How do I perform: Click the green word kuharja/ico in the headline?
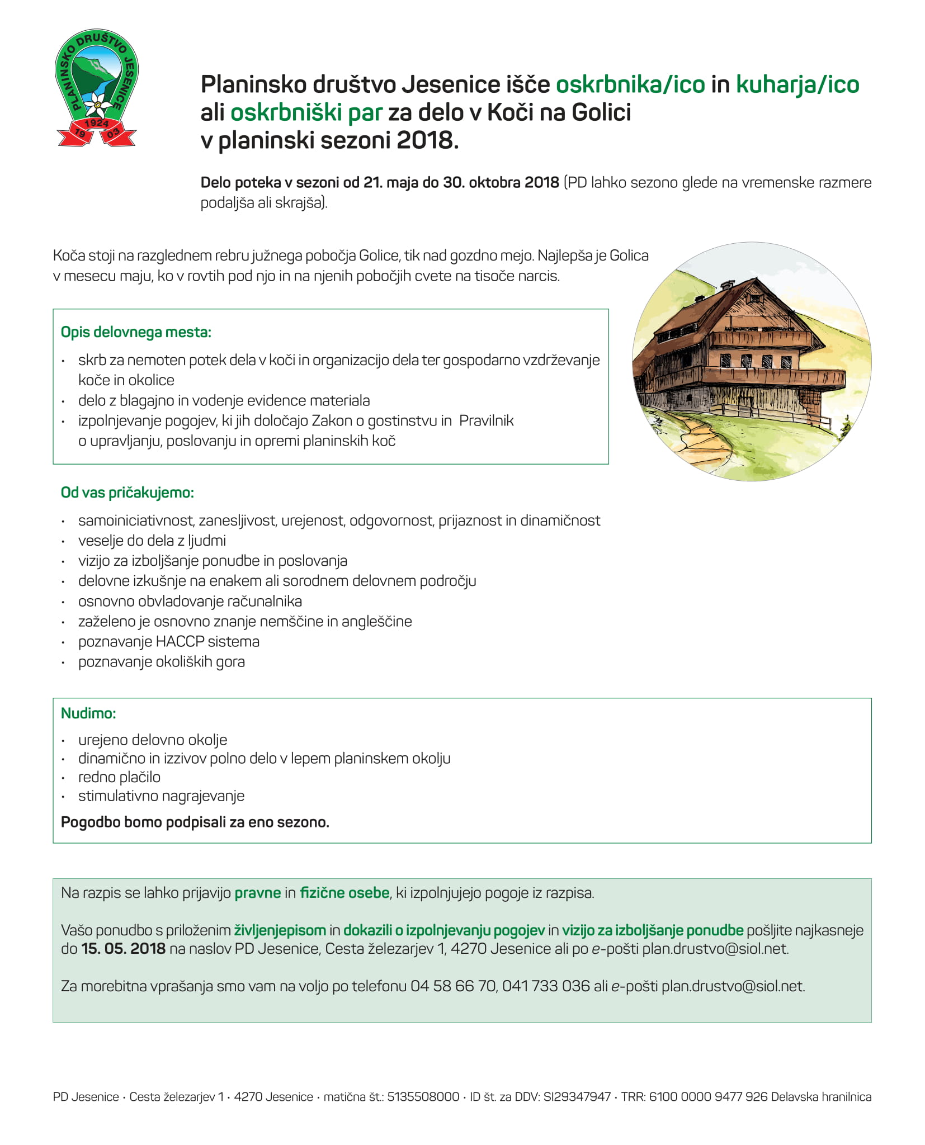[x=797, y=85]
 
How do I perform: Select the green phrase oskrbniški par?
[x=306, y=113]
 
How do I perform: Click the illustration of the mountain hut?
[x=751, y=362]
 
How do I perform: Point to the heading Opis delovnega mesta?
[x=136, y=332]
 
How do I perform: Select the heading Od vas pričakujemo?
[x=127, y=493]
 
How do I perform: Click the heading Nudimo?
[x=88, y=713]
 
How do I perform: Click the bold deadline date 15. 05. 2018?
[x=123, y=949]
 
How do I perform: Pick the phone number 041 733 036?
[x=546, y=986]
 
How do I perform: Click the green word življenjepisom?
[x=280, y=930]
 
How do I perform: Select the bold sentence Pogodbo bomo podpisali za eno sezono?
[x=195, y=822]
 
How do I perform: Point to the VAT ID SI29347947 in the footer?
[x=577, y=1097]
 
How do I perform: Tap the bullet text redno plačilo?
[x=119, y=777]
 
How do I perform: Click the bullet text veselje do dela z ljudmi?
[x=152, y=541]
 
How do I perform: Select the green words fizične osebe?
[x=344, y=893]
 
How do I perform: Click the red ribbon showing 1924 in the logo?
[x=96, y=123]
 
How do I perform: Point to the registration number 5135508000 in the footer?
[x=423, y=1097]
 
